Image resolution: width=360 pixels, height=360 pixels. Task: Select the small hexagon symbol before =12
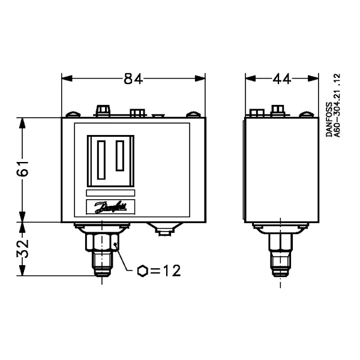point(143,271)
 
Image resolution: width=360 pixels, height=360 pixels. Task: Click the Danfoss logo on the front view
point(110,207)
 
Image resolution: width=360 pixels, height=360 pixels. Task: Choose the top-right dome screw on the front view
point(193,113)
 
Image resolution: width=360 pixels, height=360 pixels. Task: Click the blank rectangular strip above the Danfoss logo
point(110,193)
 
